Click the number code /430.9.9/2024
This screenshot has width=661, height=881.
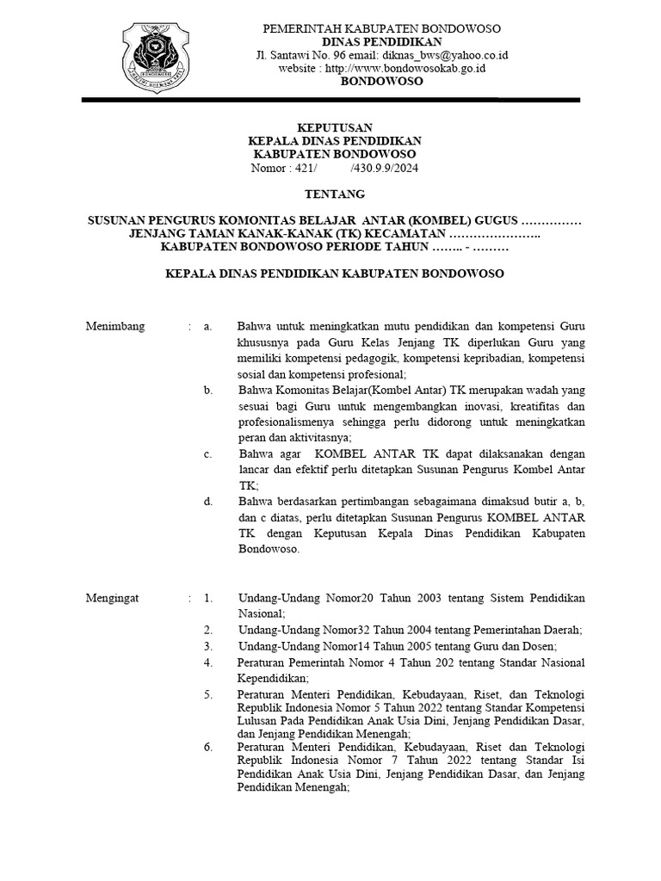(382, 168)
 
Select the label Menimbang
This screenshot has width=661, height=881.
(115, 327)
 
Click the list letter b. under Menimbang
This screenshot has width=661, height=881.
(207, 391)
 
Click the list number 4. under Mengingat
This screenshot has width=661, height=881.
(207, 662)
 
